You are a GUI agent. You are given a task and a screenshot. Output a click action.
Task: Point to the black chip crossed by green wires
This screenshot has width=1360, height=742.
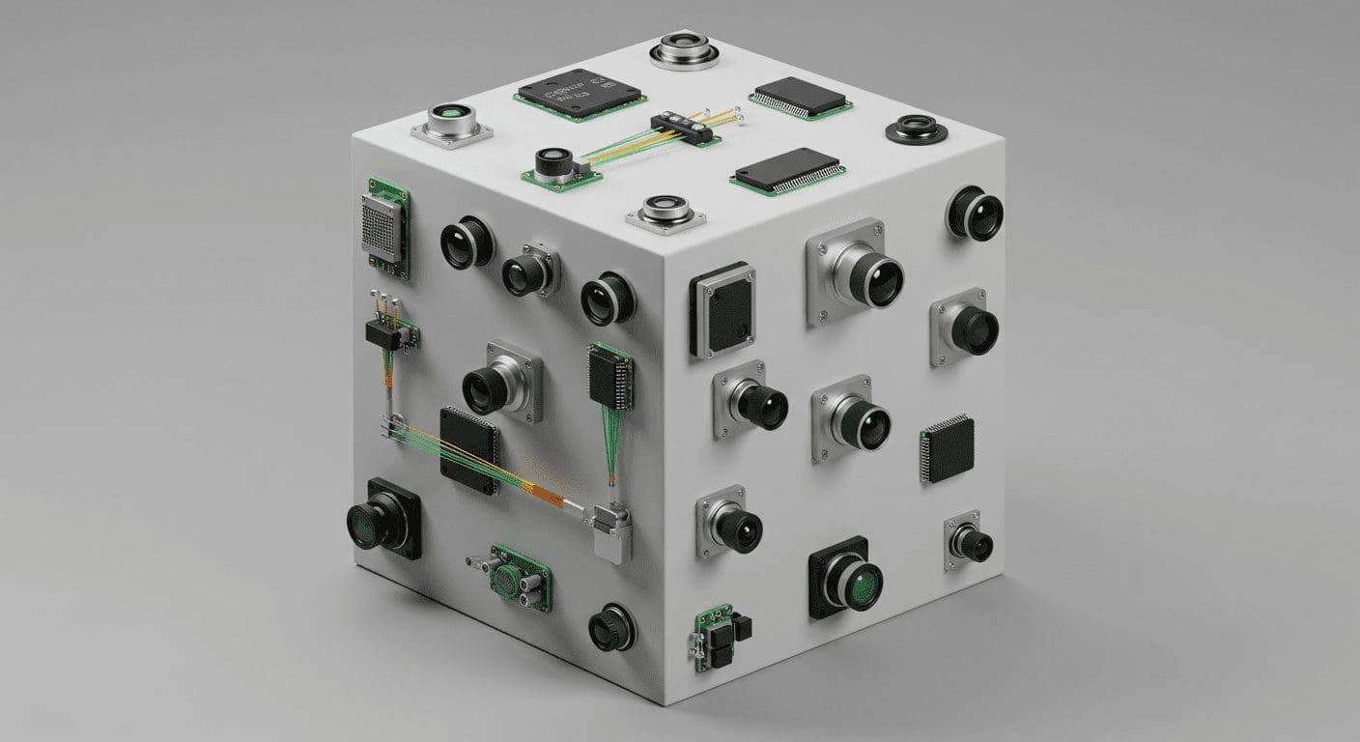[468, 443]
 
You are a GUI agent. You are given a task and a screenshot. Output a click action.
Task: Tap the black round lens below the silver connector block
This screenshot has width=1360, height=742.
[611, 627]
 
